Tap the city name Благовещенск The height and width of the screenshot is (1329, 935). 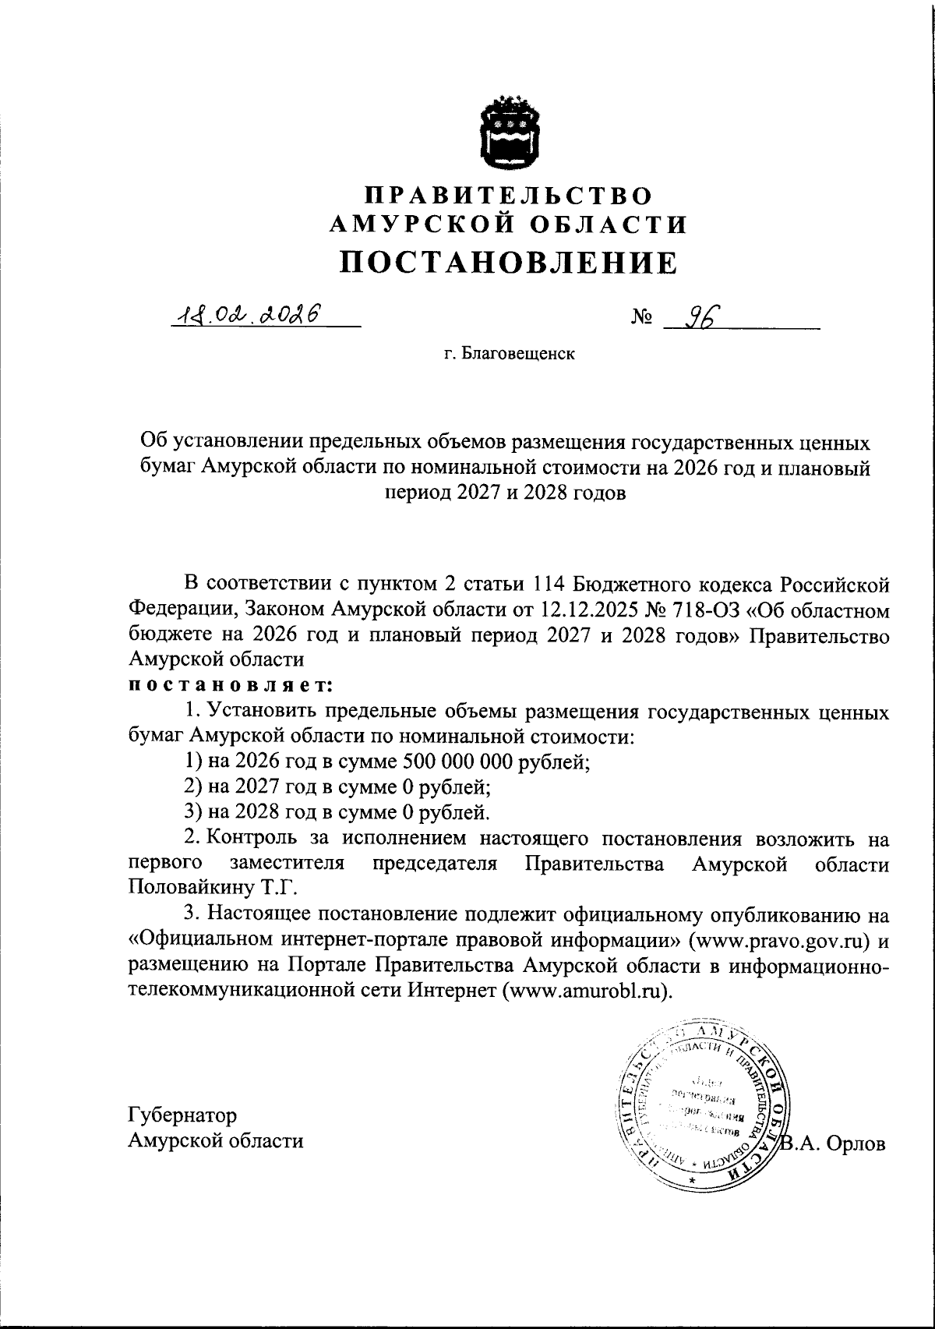click(518, 355)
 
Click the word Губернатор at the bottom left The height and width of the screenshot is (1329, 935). click(182, 1115)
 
